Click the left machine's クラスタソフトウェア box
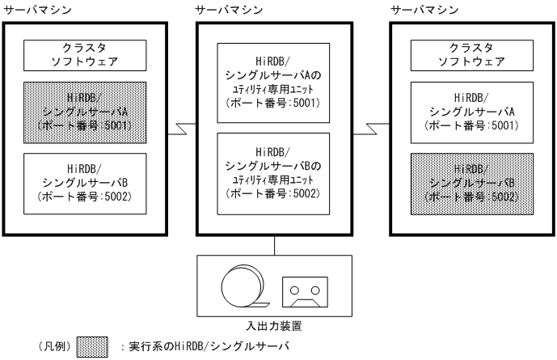[85, 53]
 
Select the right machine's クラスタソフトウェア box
[471, 53]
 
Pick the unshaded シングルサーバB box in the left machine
[85, 183]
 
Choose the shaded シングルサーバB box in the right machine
[471, 183]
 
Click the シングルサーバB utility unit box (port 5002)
[275, 173]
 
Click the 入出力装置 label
[275, 326]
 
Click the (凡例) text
[53, 348]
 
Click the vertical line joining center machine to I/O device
[275, 244]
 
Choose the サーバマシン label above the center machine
[229, 11]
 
